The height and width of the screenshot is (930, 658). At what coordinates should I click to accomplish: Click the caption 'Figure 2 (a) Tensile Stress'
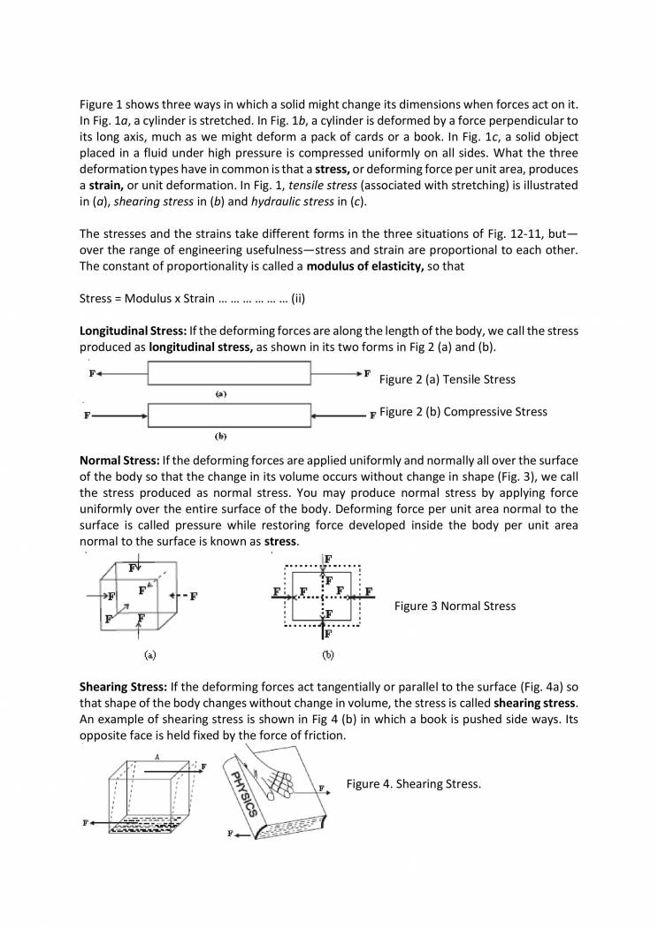(x=447, y=379)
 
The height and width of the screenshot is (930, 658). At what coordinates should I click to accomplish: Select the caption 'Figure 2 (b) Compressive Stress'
(x=463, y=411)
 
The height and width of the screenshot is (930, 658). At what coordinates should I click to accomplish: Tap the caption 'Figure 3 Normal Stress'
(x=455, y=606)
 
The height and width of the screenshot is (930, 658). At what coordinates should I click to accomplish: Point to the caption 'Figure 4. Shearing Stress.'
(x=413, y=784)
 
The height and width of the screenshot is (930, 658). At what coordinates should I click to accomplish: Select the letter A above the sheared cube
(x=156, y=757)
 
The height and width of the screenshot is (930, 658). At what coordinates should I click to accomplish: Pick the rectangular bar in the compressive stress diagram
(x=229, y=415)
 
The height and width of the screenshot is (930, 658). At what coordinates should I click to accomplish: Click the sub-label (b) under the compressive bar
(x=222, y=435)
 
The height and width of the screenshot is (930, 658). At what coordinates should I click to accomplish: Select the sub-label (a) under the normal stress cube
(x=149, y=655)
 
